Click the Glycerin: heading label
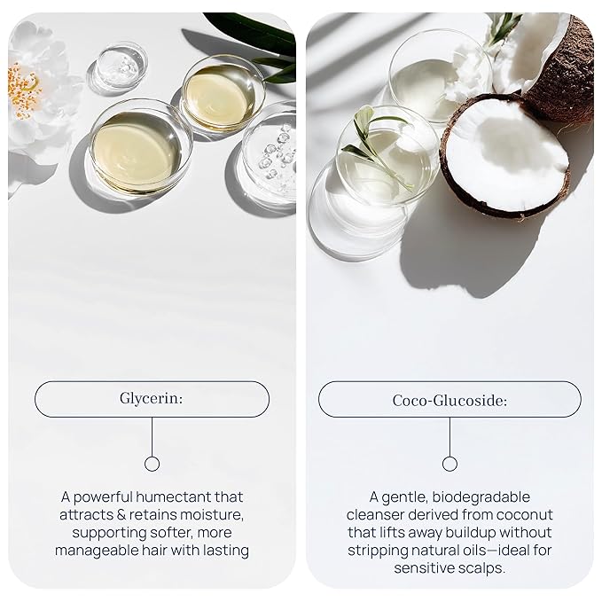[x=152, y=398]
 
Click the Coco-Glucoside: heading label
[x=450, y=401]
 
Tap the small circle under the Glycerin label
[x=152, y=464]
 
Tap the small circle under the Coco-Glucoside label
[x=450, y=464]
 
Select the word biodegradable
[x=481, y=497]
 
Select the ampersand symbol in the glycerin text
[x=121, y=515]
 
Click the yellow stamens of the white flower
[x=23, y=90]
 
